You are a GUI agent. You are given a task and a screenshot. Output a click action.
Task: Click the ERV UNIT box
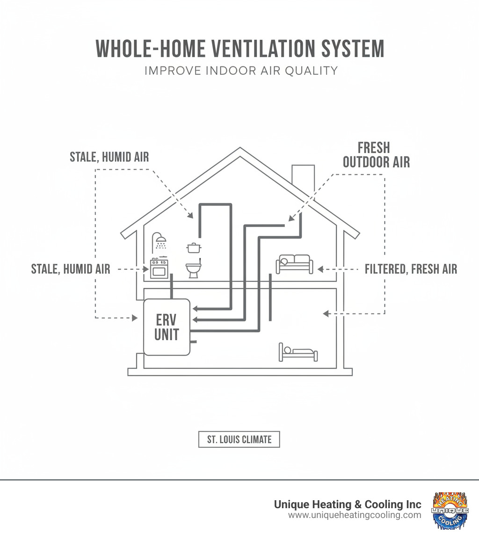[x=167, y=327]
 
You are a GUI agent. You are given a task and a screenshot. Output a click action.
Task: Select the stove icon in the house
[x=159, y=269]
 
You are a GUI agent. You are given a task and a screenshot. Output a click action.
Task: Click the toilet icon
[x=193, y=269]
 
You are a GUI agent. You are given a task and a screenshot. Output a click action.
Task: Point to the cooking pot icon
[x=194, y=248]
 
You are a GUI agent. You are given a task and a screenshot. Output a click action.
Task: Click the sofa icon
[x=295, y=264]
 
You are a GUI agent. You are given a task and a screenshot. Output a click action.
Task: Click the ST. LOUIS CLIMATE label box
[x=239, y=439]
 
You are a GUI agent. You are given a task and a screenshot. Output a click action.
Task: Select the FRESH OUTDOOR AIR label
[x=376, y=155]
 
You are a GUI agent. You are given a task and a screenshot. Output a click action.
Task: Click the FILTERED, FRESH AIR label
[x=411, y=269]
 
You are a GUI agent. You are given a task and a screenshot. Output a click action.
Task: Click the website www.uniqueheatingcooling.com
[x=354, y=515]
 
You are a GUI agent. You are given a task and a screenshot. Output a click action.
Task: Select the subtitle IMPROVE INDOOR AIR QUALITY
[x=241, y=71]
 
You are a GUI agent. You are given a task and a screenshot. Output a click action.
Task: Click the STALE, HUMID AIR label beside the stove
[x=71, y=269]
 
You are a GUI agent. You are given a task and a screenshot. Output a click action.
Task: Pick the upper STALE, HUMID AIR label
[x=109, y=156]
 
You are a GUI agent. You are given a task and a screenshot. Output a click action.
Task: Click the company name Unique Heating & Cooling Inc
[x=347, y=504]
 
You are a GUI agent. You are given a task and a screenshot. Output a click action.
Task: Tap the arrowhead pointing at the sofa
[x=320, y=269]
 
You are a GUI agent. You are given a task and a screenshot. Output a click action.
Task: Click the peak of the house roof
[x=240, y=150]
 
